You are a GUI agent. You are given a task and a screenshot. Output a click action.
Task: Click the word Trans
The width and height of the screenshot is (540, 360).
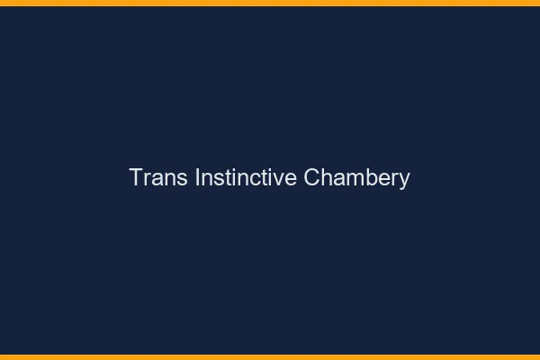[x=158, y=177]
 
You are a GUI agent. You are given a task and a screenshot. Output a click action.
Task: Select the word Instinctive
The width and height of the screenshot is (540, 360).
[x=246, y=177]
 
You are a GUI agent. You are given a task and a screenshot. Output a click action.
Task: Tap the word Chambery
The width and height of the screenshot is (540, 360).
[x=356, y=177]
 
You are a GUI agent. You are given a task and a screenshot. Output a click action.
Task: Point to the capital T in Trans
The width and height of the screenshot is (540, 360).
[x=137, y=177]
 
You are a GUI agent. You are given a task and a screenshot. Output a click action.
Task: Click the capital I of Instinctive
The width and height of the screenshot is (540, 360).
[x=197, y=177]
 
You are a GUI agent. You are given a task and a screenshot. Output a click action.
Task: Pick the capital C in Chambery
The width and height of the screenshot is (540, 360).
[x=311, y=177]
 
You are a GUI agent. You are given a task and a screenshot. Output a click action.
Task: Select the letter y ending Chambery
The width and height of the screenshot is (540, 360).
[x=404, y=181]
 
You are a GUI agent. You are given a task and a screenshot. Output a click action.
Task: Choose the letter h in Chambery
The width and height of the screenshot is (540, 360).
[x=326, y=177]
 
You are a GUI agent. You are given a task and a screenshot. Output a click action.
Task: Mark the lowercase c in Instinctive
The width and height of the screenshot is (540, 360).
[x=257, y=179]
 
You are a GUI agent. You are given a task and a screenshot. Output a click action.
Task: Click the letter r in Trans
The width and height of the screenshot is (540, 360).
[x=148, y=179]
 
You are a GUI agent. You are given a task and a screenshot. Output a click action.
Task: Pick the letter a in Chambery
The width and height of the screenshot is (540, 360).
[x=337, y=179]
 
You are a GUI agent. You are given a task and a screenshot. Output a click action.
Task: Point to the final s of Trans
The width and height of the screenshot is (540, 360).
[x=181, y=179]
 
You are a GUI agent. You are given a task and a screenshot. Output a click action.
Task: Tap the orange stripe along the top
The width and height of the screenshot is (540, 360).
[x=270, y=3]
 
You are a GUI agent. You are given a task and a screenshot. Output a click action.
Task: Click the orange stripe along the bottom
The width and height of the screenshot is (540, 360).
[x=270, y=356]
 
